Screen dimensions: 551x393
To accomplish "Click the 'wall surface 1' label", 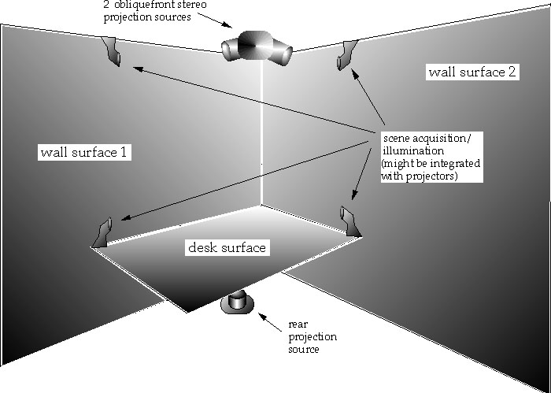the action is click(x=84, y=153).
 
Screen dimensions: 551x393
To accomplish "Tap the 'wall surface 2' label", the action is click(x=472, y=72).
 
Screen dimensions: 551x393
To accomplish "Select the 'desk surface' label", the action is click(x=227, y=247).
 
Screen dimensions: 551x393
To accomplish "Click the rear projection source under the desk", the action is click(x=237, y=303).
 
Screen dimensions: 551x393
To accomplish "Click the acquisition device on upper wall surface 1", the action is click(x=112, y=51).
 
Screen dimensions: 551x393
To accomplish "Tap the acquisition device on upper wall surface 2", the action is click(x=346, y=55).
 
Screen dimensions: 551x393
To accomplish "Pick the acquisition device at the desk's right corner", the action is click(x=350, y=221).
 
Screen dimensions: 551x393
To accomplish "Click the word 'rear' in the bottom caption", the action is click(x=298, y=324).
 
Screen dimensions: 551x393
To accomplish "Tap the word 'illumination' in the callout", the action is click(x=413, y=151).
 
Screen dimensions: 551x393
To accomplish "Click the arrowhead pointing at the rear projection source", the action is click(x=262, y=316).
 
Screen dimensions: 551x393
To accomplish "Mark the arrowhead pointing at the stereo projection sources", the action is click(x=227, y=25).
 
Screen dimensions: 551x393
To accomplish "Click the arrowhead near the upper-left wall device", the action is click(x=138, y=69).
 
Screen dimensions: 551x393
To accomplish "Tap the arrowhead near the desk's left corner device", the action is click(x=126, y=218).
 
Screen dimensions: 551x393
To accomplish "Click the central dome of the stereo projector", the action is click(x=255, y=45).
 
